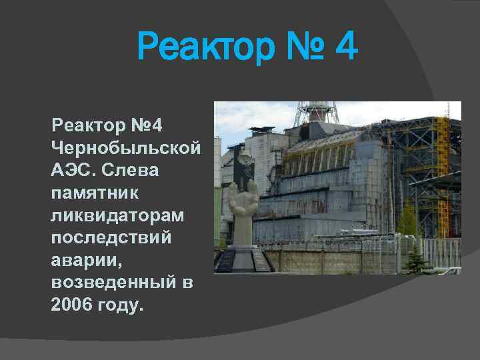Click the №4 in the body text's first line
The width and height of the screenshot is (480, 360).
click(x=153, y=125)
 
